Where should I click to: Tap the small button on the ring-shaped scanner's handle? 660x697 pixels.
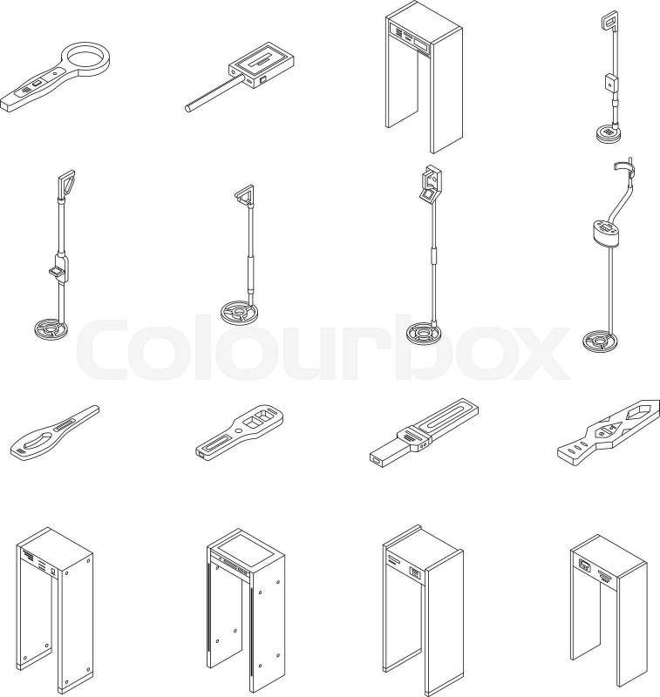[55, 74]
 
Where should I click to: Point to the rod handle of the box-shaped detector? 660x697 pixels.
[214, 93]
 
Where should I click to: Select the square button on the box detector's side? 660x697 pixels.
[262, 79]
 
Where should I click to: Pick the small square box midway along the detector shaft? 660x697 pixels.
[611, 83]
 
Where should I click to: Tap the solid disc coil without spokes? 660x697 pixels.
[609, 133]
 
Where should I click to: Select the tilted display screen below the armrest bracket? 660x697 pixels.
[428, 194]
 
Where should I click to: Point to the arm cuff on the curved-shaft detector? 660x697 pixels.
[623, 166]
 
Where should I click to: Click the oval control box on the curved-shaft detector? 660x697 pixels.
[605, 233]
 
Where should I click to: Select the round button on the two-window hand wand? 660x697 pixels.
[238, 430]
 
